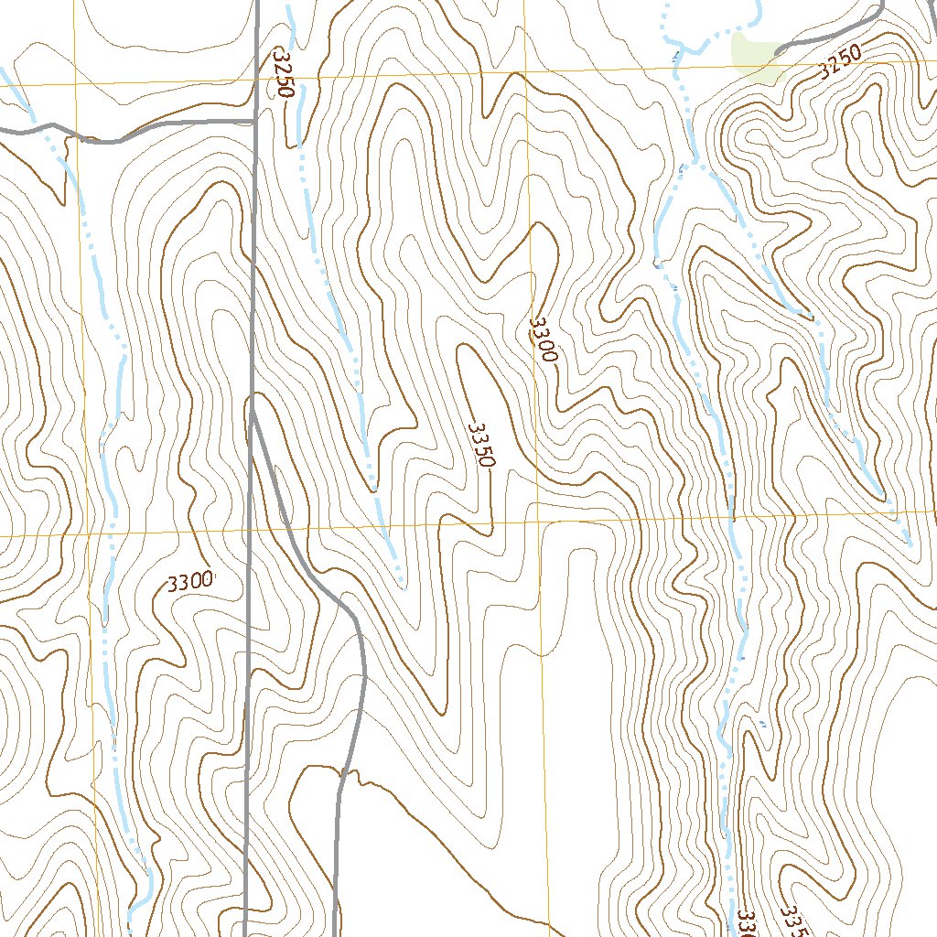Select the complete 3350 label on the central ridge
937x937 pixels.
(x=481, y=446)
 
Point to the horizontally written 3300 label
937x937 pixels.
(x=190, y=581)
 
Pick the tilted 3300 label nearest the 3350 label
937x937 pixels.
(x=543, y=339)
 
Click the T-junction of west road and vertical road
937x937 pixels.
(x=254, y=122)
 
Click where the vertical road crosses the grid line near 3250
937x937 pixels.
(x=256, y=78)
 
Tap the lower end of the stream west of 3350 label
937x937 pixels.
(x=402, y=584)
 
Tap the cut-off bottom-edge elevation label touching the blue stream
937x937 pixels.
(x=745, y=923)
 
